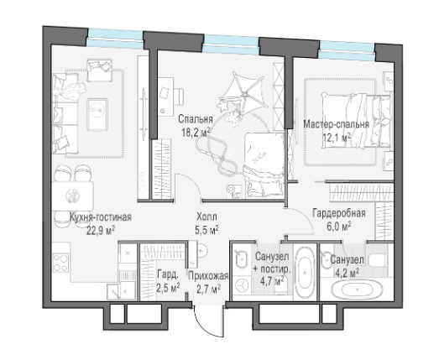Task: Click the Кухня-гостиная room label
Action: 101,217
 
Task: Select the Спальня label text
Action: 196,119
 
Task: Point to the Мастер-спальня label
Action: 337,123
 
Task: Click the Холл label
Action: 206,217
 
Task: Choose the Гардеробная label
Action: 339,213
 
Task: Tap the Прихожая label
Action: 208,276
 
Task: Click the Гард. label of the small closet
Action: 167,274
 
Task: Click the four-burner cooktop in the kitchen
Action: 60,263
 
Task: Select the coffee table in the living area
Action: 97,114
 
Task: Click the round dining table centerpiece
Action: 72,196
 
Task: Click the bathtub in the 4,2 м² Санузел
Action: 357,290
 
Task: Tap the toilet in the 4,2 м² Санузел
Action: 379,260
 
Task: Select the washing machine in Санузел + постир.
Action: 242,285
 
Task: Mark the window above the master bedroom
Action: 347,50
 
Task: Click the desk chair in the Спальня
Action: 179,97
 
